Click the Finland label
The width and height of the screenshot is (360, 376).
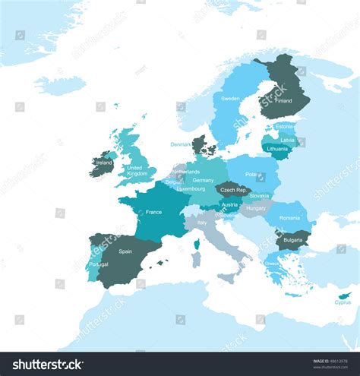[x=283, y=100]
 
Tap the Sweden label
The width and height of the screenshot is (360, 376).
[x=230, y=99]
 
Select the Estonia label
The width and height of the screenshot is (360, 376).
[x=284, y=126]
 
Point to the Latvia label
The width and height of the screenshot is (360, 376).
[x=287, y=139]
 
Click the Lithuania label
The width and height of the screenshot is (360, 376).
[x=277, y=149]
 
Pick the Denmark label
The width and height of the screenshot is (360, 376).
[x=181, y=144]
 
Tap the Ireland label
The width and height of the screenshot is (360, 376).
[x=103, y=162]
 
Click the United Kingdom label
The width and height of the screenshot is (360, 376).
[x=137, y=171]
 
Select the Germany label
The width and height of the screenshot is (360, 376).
[x=203, y=181]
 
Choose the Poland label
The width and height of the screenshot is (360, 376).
[x=254, y=175]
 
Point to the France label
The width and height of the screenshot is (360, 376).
[x=153, y=212]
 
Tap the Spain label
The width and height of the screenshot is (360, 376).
[x=125, y=251]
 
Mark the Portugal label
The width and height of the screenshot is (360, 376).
[x=98, y=264]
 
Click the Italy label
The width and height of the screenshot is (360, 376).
[x=202, y=223]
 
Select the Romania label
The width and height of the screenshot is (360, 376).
[x=289, y=218]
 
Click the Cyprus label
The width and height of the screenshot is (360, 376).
[x=343, y=302]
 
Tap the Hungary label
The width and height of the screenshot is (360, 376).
[x=256, y=207]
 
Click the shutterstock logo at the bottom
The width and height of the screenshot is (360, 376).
[x=44, y=364]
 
